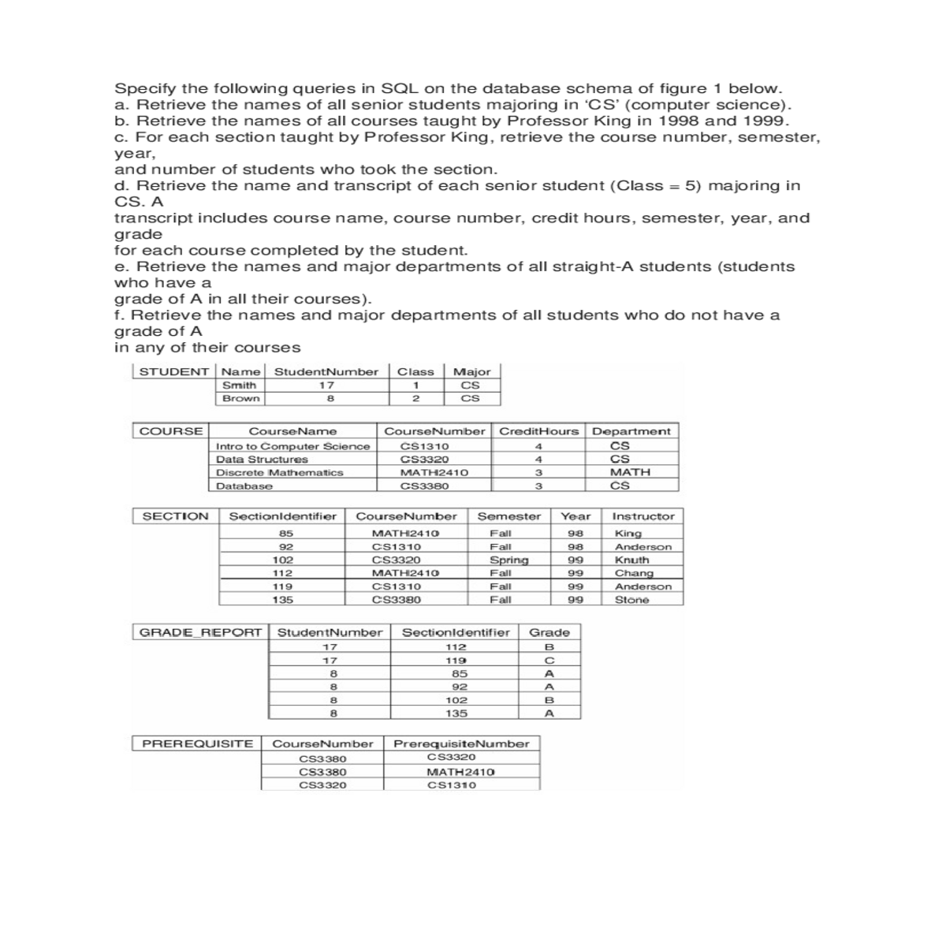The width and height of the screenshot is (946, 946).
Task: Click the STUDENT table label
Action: (x=174, y=372)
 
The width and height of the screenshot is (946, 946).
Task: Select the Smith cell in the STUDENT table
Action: (x=239, y=385)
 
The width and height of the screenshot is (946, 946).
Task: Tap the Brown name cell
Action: (x=240, y=399)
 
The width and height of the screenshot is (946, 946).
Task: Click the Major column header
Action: (x=472, y=372)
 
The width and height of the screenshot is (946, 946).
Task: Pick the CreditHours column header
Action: (x=539, y=431)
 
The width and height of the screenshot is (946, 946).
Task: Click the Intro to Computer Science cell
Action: (x=292, y=446)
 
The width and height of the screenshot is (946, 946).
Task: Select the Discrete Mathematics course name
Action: (x=280, y=472)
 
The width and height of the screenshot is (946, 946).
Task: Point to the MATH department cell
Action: (x=631, y=472)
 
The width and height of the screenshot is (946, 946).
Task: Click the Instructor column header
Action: (x=643, y=516)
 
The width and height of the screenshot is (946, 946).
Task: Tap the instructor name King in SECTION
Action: (x=628, y=534)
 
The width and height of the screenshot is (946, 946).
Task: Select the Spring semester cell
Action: (x=508, y=561)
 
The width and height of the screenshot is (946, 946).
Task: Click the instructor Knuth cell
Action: (x=632, y=561)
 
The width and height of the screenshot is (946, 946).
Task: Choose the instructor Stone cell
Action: (x=631, y=600)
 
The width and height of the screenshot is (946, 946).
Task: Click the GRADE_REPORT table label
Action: (x=200, y=632)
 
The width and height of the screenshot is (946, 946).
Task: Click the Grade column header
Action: (x=549, y=632)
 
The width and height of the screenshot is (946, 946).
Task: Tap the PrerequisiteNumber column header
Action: (x=461, y=743)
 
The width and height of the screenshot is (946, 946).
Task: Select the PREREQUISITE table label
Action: (x=197, y=743)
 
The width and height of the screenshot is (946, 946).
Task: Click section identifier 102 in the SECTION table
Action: (x=282, y=561)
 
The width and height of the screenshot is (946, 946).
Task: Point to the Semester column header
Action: (x=509, y=516)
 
